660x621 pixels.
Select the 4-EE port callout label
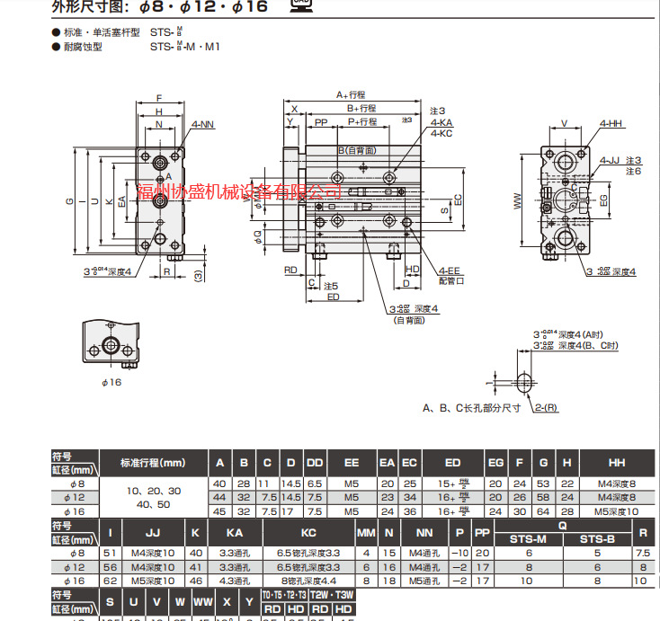click(450, 270)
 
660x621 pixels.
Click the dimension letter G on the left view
click(69, 200)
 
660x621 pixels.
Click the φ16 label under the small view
click(111, 382)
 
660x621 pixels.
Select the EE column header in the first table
click(352, 463)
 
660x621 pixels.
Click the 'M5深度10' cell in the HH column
click(617, 510)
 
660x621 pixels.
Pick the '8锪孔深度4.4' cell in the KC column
click(308, 581)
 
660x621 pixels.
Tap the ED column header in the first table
click(452, 463)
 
